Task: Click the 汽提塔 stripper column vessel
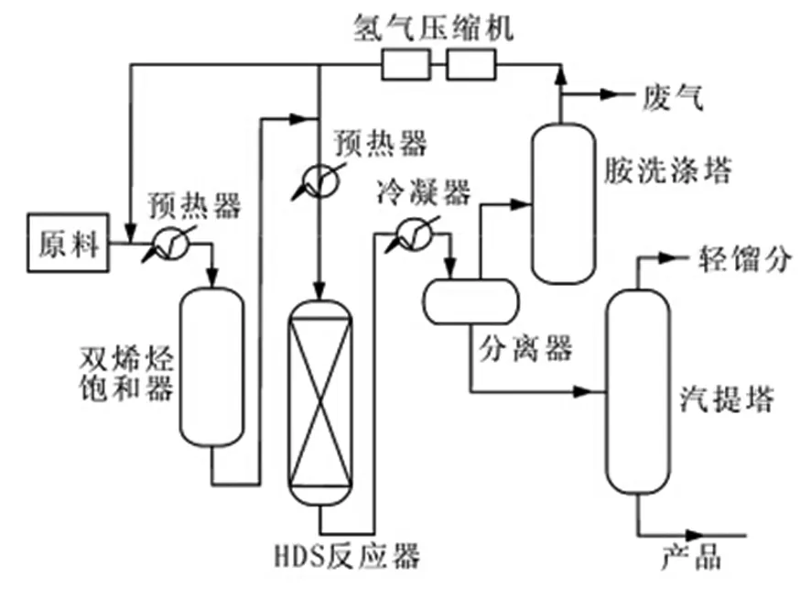click(637, 403)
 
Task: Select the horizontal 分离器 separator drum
click(469, 300)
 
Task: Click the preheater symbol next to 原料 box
click(171, 244)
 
